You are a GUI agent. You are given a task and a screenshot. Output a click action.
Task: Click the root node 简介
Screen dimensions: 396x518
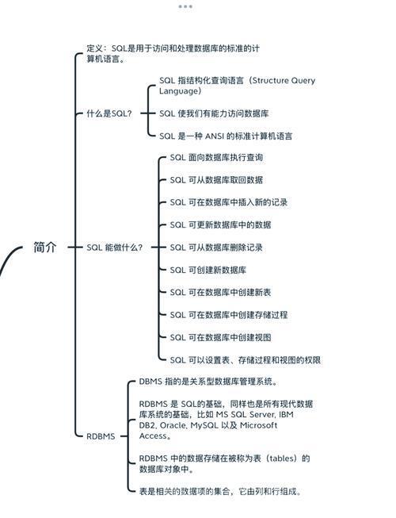point(45,247)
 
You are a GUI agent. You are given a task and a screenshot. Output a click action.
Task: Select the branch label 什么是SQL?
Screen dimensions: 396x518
point(109,113)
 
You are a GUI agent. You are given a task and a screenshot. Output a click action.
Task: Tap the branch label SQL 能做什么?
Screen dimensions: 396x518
point(114,247)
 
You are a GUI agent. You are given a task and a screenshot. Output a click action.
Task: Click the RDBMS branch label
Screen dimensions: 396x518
point(101,436)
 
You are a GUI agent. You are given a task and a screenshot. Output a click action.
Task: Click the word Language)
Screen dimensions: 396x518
point(180,91)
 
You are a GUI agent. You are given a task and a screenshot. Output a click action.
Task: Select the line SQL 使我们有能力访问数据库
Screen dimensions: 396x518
point(214,113)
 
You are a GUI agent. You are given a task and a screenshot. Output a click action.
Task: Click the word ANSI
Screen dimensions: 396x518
point(215,136)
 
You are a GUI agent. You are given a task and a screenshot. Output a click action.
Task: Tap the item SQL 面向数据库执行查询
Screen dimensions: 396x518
point(216,158)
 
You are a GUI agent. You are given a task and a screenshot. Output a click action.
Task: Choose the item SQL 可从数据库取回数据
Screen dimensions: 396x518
point(216,180)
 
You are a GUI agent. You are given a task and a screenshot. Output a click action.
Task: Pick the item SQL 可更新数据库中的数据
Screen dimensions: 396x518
point(220,225)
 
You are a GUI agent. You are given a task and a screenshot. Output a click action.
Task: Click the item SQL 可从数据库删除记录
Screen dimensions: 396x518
point(216,247)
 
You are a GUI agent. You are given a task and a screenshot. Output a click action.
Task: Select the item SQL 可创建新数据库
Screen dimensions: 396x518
point(208,270)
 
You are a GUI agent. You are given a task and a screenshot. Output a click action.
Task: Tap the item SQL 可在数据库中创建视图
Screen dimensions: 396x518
point(220,337)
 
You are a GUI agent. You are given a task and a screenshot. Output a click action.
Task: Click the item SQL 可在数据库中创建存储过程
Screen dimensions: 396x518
point(229,315)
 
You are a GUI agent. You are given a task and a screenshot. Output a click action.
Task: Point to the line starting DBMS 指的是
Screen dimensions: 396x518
point(208,382)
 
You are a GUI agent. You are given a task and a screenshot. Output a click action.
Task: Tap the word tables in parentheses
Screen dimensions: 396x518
point(282,459)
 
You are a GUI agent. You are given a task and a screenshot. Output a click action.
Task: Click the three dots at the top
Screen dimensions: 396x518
point(185,6)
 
